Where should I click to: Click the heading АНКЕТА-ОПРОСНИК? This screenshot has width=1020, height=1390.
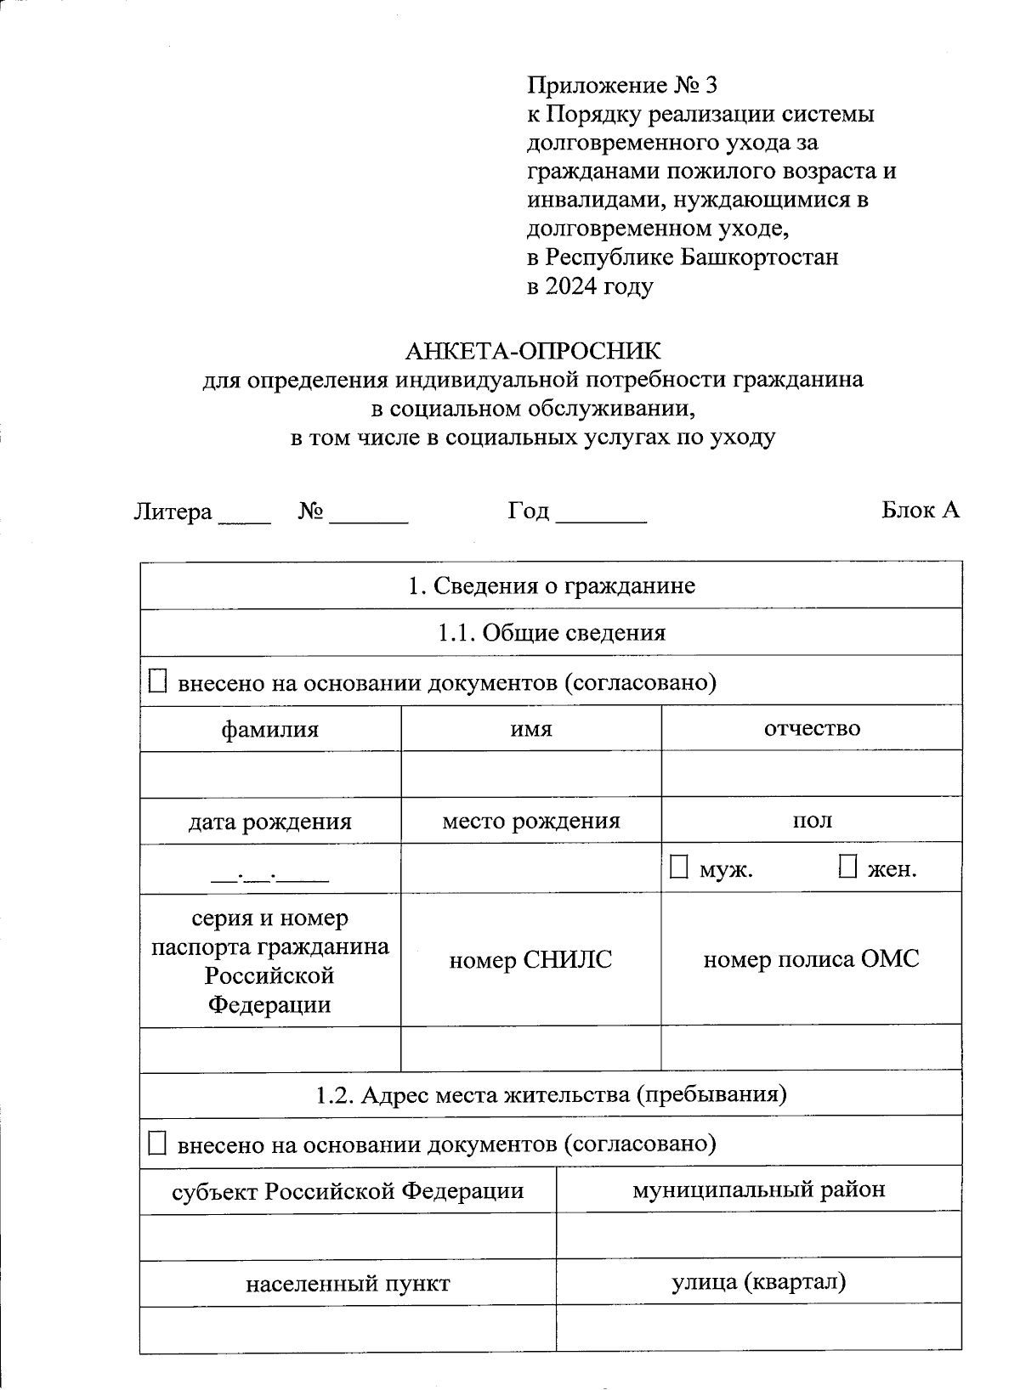pyautogui.click(x=532, y=350)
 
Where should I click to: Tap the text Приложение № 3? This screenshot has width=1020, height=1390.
pyautogui.click(x=622, y=85)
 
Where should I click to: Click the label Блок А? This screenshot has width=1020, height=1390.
pyautogui.click(x=920, y=510)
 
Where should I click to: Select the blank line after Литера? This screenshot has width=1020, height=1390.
pyautogui.click(x=244, y=517)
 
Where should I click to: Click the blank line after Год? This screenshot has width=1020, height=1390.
pyautogui.click(x=601, y=517)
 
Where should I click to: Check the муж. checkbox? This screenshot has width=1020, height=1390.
pyautogui.click(x=678, y=867)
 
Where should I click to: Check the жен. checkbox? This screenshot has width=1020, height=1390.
pyautogui.click(x=847, y=867)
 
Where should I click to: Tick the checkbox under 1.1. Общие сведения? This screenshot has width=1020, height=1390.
pyautogui.click(x=158, y=681)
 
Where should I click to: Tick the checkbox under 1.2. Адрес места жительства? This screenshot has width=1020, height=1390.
pyautogui.click(x=158, y=1143)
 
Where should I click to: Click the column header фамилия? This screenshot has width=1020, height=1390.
pyautogui.click(x=269, y=729)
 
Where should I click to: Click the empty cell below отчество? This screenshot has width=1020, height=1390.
pyautogui.click(x=811, y=774)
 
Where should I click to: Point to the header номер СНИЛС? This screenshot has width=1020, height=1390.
pyautogui.click(x=530, y=960)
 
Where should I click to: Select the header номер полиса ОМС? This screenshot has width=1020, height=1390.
pyautogui.click(x=811, y=960)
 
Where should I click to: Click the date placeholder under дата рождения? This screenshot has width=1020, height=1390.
pyautogui.click(x=269, y=873)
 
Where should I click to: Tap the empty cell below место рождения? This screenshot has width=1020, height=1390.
pyautogui.click(x=530, y=868)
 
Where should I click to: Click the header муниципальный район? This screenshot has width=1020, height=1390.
pyautogui.click(x=758, y=1189)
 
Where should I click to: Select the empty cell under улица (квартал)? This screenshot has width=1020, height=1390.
pyautogui.click(x=758, y=1329)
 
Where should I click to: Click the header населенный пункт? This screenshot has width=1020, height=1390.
pyautogui.click(x=348, y=1284)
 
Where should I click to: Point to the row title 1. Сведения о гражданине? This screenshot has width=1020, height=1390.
pyautogui.click(x=551, y=585)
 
